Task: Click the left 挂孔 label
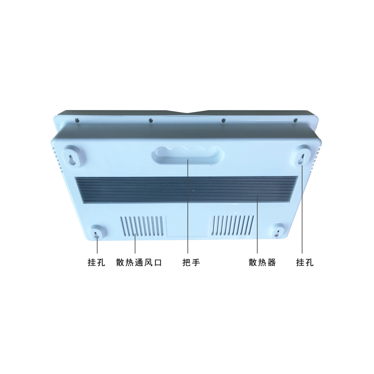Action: (96, 263)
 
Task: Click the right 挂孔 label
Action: (305, 263)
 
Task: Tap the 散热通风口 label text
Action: (139, 263)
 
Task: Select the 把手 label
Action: (191, 263)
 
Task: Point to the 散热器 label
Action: (262, 263)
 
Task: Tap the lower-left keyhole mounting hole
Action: (96, 234)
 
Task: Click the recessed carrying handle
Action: (188, 155)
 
